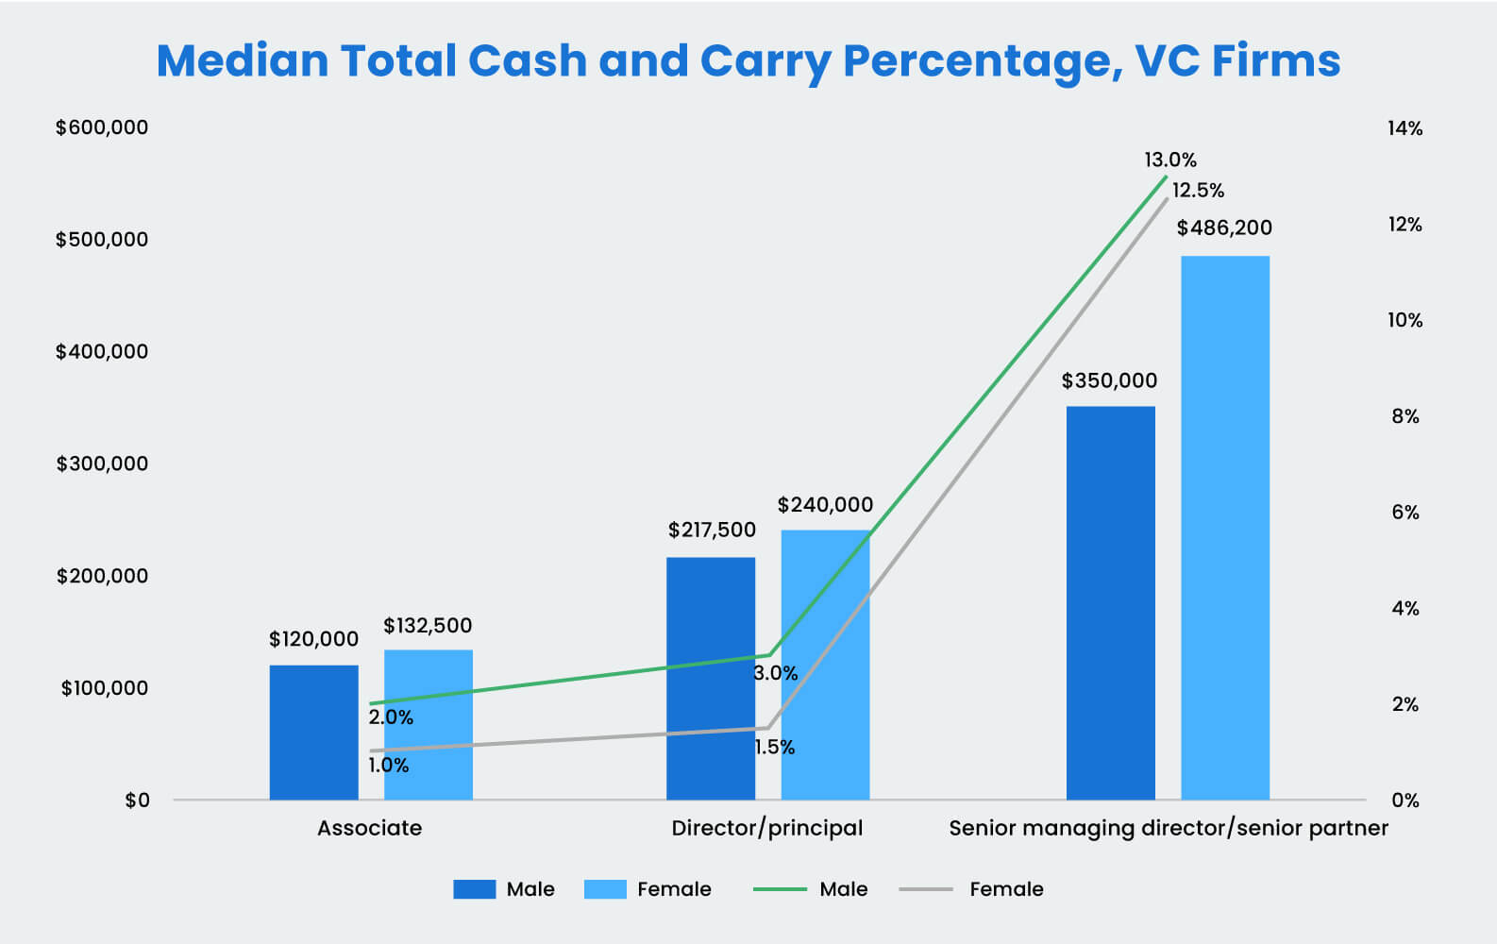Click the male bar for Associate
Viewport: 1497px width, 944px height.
pos(313,733)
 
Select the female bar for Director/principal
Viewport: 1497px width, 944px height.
pos(825,665)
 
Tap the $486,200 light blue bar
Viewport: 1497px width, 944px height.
pos(1224,528)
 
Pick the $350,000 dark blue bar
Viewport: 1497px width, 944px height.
pos(1110,603)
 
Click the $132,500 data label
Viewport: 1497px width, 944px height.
pos(428,626)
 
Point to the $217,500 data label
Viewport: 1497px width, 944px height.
pos(712,531)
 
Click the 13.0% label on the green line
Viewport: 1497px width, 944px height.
pos(1170,160)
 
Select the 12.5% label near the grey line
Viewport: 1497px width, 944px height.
pos(1198,191)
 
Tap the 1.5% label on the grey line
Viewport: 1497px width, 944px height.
pos(774,748)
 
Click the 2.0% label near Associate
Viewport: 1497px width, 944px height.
pos(391,717)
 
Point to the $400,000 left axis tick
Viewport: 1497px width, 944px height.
pos(102,352)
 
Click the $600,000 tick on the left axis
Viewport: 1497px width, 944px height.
pos(102,127)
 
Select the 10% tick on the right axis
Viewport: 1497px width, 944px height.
pos(1404,321)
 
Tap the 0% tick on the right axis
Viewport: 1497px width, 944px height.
pos(1404,801)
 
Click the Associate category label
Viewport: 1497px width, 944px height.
pos(369,828)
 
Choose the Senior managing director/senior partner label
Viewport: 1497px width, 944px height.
pos(1168,828)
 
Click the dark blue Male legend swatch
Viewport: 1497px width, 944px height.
pos(474,889)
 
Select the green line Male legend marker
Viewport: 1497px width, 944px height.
pos(780,889)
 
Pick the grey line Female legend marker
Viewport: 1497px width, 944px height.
pos(926,889)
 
